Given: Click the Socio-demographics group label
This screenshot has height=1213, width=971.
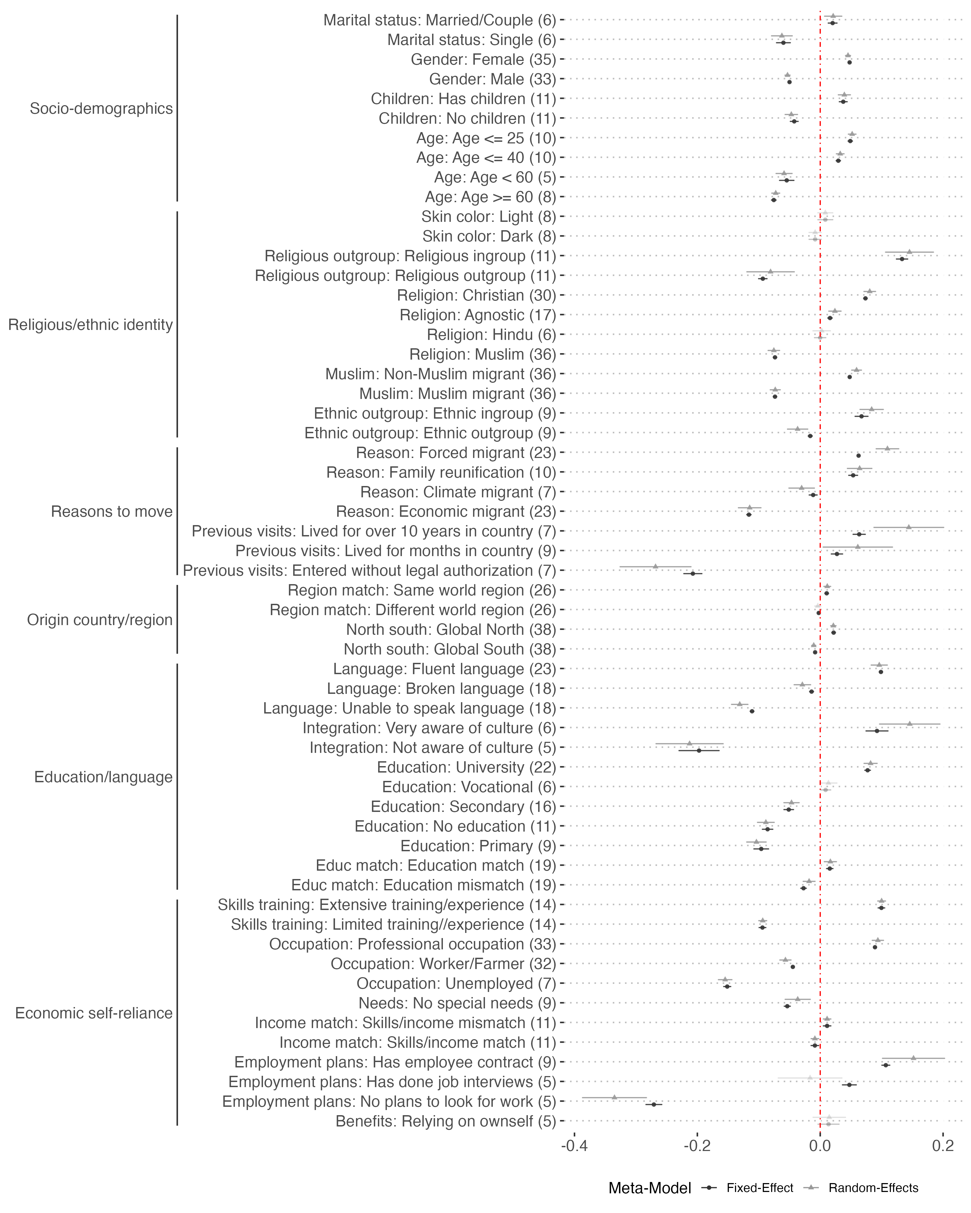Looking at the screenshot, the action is click(x=101, y=109).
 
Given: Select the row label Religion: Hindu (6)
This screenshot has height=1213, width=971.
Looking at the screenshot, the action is click(x=491, y=335).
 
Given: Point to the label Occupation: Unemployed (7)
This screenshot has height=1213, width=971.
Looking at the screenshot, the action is click(x=457, y=983).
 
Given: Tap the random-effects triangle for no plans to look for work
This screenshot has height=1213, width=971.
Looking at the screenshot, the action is click(x=615, y=1097).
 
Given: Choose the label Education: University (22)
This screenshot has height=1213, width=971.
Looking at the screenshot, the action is click(x=467, y=767).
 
